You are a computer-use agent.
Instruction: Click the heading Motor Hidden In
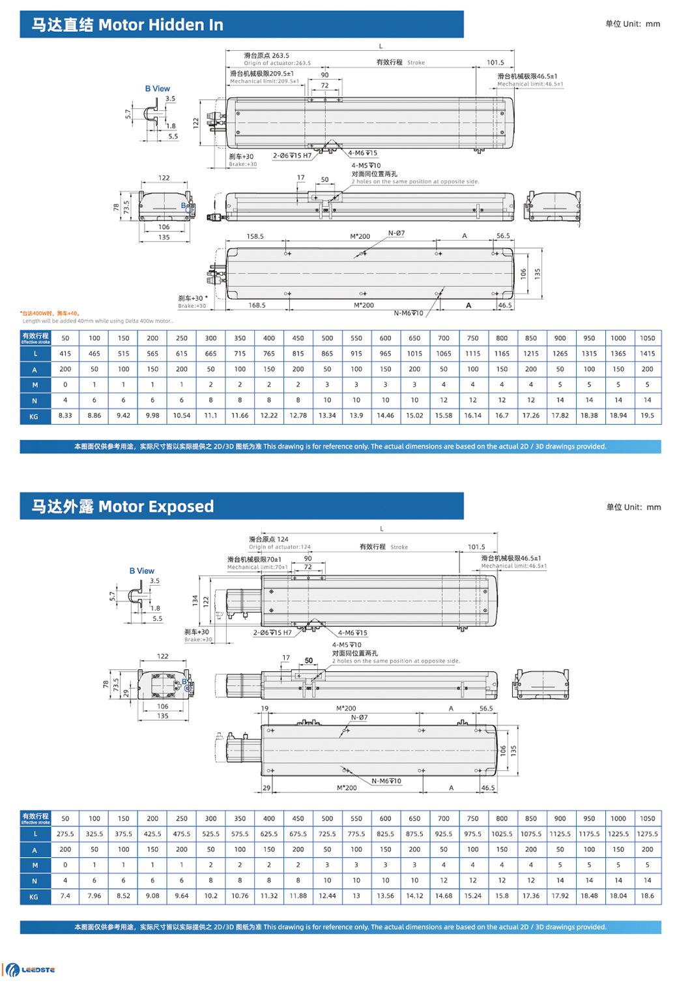pos(128,25)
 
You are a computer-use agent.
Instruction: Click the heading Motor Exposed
pos(123,506)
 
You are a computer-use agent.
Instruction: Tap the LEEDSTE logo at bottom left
pos(31,969)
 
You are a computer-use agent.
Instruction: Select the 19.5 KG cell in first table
pos(646,416)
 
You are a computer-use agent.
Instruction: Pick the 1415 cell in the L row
pos(646,354)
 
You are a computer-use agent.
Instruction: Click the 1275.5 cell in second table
pos(646,834)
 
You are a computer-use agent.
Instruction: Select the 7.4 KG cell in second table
pos(65,896)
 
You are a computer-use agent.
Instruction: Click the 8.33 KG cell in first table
pos(65,416)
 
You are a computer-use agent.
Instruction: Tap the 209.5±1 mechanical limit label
pos(262,74)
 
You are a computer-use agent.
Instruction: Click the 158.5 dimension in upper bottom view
pos(255,236)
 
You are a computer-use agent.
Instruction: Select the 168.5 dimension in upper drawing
pos(257,305)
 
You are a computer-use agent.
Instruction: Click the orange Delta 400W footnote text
pos(50,313)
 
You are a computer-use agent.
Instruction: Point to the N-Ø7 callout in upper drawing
pos(396,233)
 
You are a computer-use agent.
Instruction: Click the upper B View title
pos(157,89)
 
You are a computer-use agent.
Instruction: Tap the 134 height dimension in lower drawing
pos(195,600)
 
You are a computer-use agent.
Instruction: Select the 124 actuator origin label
pos(268,539)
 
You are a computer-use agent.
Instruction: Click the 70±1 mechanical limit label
pos(254,559)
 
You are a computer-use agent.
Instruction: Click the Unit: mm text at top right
pos(632,24)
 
